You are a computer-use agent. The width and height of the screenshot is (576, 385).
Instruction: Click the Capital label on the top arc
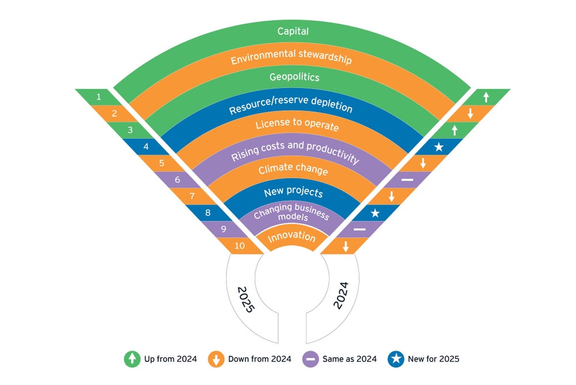point(293,31)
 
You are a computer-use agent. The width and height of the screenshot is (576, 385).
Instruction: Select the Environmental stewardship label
point(291,59)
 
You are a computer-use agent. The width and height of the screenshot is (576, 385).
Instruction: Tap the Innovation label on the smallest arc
point(291,238)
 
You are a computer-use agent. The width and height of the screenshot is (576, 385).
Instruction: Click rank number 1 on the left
point(99,97)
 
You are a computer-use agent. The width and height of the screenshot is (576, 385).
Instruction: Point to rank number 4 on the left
point(146,147)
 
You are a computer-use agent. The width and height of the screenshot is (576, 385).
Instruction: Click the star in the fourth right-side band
point(439,147)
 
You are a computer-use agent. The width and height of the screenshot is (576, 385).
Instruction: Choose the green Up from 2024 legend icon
point(132,359)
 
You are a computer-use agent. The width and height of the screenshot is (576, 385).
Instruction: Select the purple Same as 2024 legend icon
point(310,359)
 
